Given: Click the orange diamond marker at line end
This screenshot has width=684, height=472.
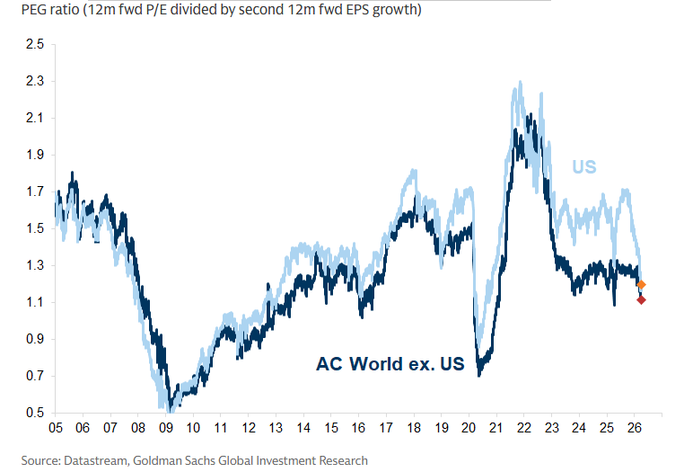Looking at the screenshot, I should (x=641, y=285).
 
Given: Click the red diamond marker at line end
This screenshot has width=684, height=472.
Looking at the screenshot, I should (x=641, y=299).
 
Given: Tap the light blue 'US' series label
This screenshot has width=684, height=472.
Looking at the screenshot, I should (x=584, y=166).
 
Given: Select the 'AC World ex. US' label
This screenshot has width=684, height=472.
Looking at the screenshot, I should (x=390, y=364).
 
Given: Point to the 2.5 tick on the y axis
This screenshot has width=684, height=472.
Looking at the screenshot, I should (x=34, y=44).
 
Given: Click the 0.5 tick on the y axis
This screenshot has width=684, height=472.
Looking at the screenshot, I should (x=34, y=413).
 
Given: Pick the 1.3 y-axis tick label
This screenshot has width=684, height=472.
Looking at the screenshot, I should (x=34, y=265).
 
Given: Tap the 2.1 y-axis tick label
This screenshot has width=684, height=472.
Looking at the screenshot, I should (x=34, y=118).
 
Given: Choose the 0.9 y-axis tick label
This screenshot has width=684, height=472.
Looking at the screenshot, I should (x=34, y=339).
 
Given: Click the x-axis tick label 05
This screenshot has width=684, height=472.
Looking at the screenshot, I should (x=55, y=429).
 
